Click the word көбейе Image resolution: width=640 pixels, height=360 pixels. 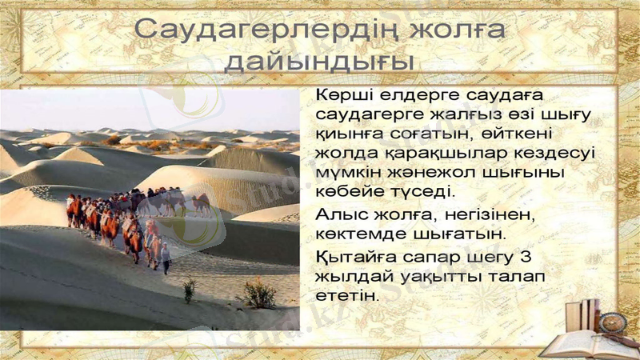[347, 191]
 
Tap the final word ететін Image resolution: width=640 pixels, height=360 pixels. [346, 296]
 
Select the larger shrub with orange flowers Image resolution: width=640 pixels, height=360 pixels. [258, 293]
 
